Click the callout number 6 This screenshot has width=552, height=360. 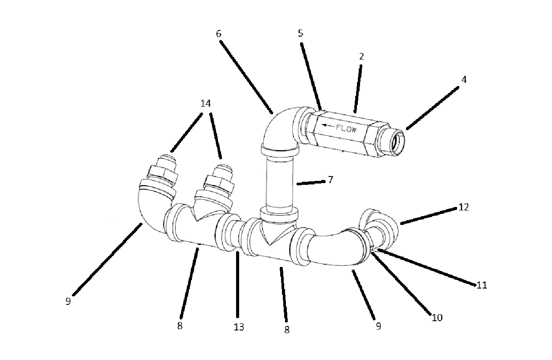click(218, 34)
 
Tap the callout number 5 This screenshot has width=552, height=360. click(300, 33)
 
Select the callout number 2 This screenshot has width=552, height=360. click(361, 56)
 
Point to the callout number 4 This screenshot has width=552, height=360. click(464, 79)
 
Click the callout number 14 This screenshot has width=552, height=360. click(206, 104)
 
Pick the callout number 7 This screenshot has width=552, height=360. click(330, 180)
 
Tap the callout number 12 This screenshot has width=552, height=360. click(464, 207)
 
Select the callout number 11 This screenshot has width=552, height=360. click(482, 285)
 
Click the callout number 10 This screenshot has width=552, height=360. click(437, 318)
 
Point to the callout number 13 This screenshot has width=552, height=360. click(239, 327)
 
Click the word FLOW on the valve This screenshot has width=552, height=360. click(346, 129)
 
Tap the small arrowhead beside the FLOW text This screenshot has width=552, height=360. click(325, 125)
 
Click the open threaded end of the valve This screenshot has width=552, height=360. click(397, 143)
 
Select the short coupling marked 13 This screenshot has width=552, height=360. click(234, 234)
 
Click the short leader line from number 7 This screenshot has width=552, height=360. click(311, 183)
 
